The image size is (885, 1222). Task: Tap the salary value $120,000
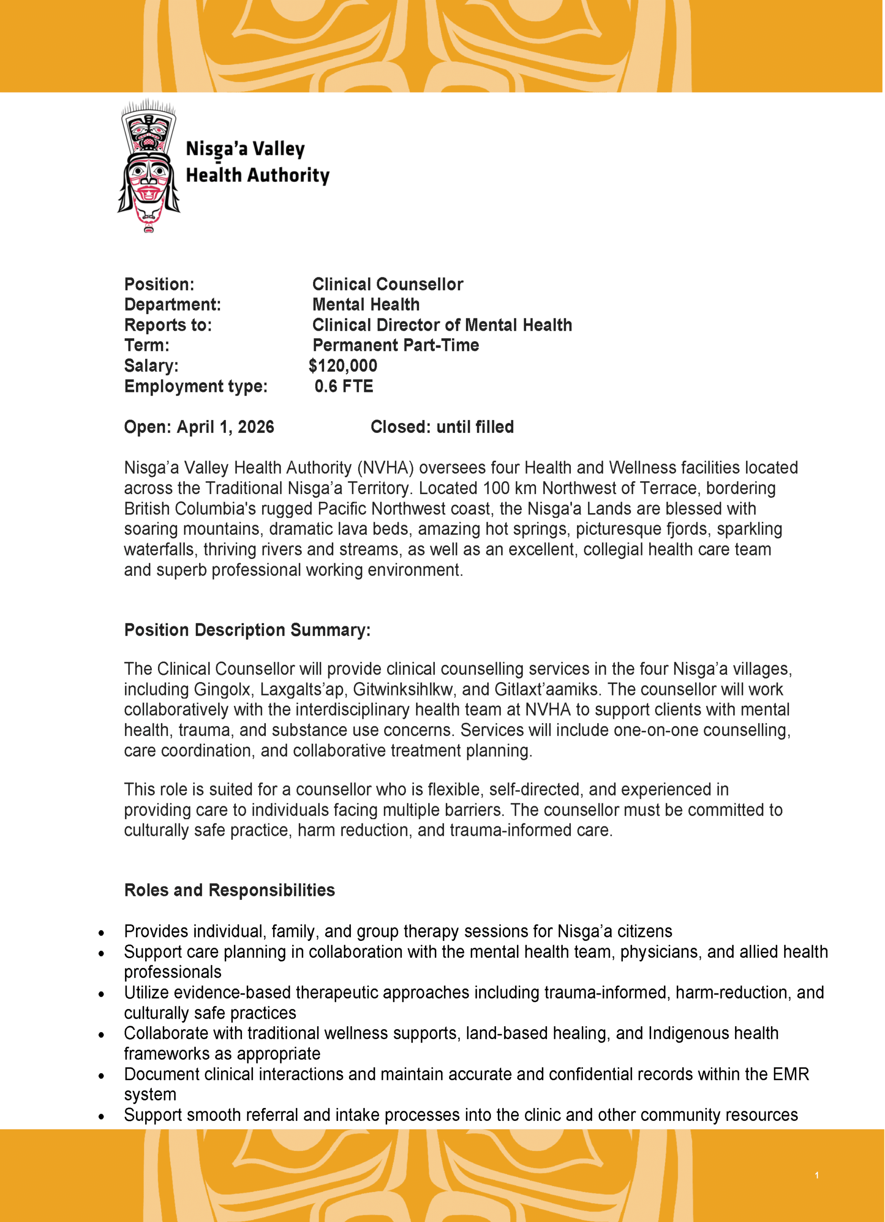[343, 366]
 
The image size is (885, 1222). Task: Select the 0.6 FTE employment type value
[344, 386]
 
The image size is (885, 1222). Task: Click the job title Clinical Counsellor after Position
[387, 284]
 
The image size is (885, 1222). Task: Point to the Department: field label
[172, 305]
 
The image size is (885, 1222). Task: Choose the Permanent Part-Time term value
[395, 346]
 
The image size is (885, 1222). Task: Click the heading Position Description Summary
[247, 630]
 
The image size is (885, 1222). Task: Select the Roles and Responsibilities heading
[230, 890]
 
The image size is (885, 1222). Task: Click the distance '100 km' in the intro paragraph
[509, 488]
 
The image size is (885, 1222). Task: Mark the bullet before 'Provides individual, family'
[101, 933]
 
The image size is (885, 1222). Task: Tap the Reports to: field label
[168, 326]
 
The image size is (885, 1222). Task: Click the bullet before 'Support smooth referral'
[101, 1117]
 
